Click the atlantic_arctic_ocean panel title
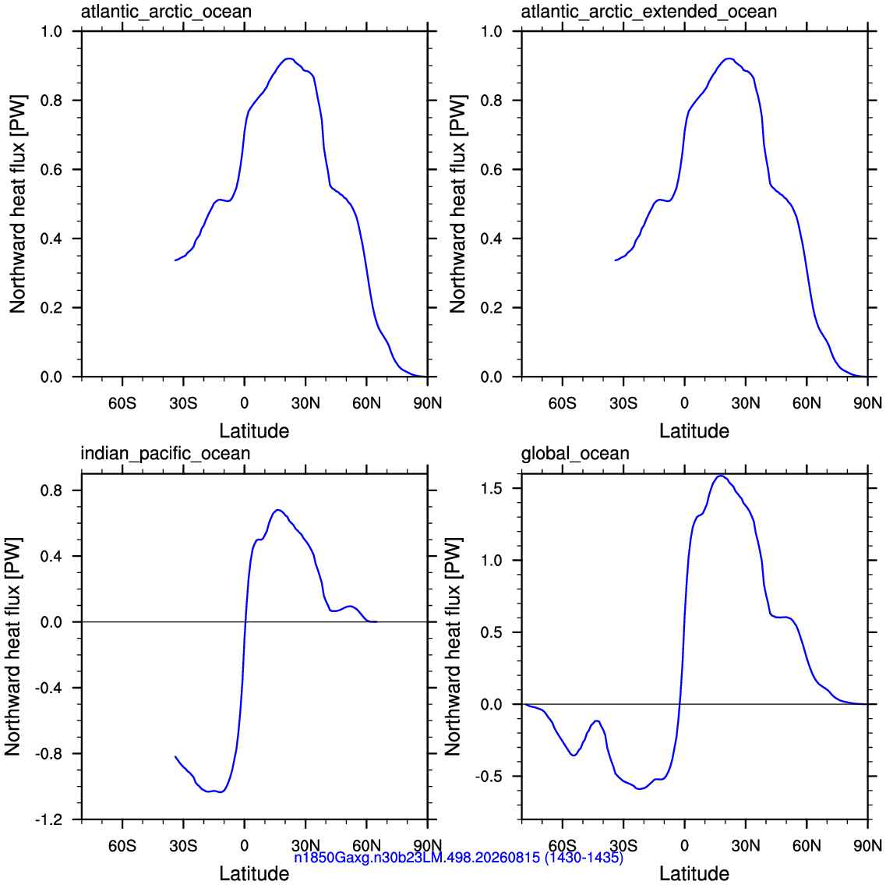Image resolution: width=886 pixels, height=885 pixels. pyautogui.click(x=166, y=12)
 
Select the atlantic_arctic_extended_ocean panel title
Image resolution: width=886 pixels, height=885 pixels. pyautogui.click(x=648, y=12)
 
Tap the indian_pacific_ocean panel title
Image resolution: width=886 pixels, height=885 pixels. pyautogui.click(x=165, y=454)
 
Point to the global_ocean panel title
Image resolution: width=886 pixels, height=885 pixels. pyautogui.click(x=574, y=454)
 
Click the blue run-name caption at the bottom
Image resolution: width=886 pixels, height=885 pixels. pyautogui.click(x=458, y=858)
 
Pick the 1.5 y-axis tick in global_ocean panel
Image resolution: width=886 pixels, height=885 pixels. pyautogui.click(x=491, y=488)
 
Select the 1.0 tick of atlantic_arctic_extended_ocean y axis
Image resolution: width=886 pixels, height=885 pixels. pyautogui.click(x=491, y=32)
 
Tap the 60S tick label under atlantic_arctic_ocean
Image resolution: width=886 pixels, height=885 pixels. pyautogui.click(x=122, y=404)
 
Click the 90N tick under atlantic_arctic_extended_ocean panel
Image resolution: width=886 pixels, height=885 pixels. pyautogui.click(x=867, y=404)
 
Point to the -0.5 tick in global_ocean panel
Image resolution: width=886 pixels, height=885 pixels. pyautogui.click(x=489, y=777)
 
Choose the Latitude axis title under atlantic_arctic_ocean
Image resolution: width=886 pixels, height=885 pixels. pyautogui.click(x=254, y=431)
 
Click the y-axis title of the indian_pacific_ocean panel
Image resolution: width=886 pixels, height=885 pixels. pyautogui.click(x=13, y=646)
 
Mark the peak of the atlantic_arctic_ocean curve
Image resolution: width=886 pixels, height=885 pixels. pyautogui.click(x=289, y=58)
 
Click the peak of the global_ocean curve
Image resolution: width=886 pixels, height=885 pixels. pyautogui.click(x=720, y=476)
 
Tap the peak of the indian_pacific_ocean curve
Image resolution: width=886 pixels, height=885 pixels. pyautogui.click(x=277, y=510)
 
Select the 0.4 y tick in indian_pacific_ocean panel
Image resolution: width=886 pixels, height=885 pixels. pyautogui.click(x=51, y=557)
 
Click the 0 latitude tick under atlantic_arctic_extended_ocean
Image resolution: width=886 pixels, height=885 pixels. pyautogui.click(x=684, y=404)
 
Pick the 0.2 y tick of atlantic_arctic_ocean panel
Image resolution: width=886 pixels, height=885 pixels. pyautogui.click(x=51, y=308)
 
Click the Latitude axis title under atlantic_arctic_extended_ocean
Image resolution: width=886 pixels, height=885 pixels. pyautogui.click(x=694, y=431)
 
